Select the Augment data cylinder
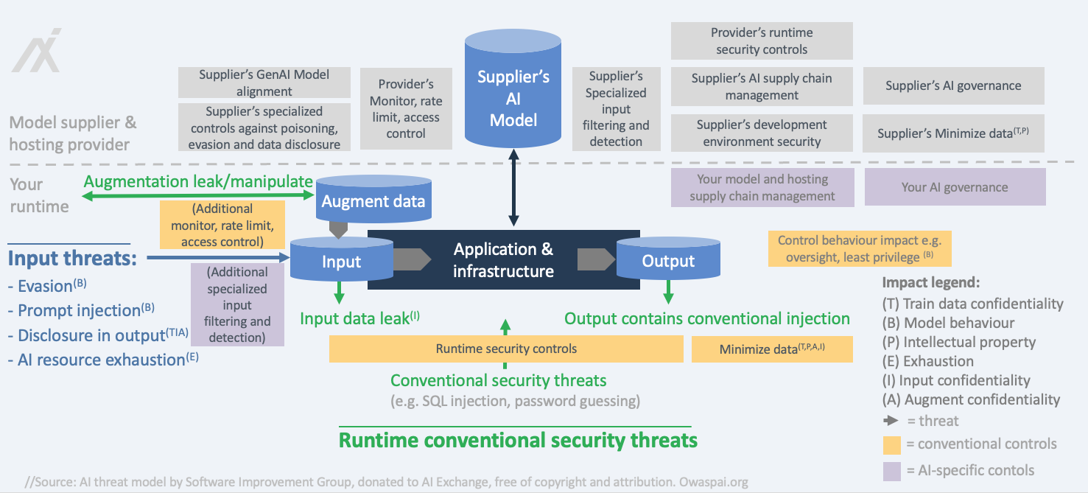click(373, 200)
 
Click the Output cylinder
click(668, 260)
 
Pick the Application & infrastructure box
click(503, 260)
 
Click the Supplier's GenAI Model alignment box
click(264, 83)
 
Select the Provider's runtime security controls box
click(762, 41)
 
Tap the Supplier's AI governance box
click(953, 85)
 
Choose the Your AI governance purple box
click(955, 187)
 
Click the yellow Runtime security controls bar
click(506, 349)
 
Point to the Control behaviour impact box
click(860, 248)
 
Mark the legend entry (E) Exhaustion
click(928, 361)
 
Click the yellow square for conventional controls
click(891, 444)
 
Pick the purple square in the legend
click(891, 470)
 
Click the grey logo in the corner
click(37, 51)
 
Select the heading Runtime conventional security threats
click(518, 441)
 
